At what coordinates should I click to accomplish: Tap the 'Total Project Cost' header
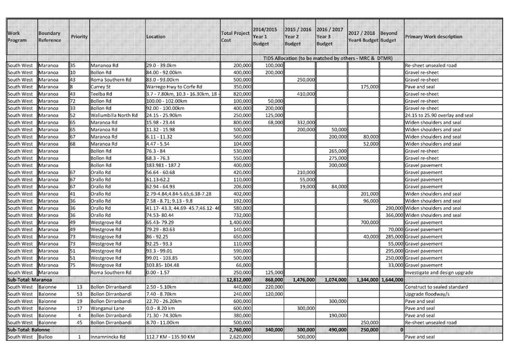pyautogui.click(x=234, y=37)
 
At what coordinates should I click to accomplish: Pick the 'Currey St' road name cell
pyautogui.click(x=100, y=87)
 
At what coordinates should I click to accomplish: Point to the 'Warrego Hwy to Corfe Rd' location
pyautogui.click(x=173, y=87)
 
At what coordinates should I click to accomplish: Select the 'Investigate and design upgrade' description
pyautogui.click(x=445, y=273)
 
